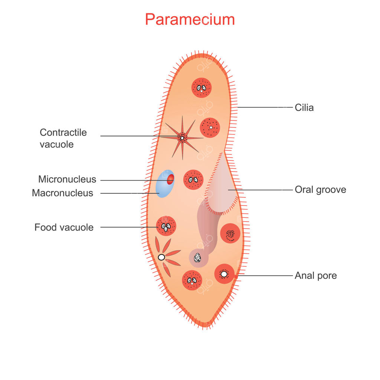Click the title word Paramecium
click(x=190, y=19)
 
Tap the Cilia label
click(x=304, y=108)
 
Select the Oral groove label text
click(x=320, y=190)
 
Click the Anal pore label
click(x=316, y=276)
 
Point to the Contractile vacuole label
click(x=63, y=138)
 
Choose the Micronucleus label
click(x=67, y=179)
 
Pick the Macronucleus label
click(x=62, y=193)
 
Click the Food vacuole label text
click(x=64, y=227)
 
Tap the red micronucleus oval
click(x=171, y=179)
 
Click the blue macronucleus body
click(x=163, y=187)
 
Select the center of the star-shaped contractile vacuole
click(x=182, y=138)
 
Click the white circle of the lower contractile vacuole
click(x=161, y=258)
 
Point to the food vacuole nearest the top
click(x=202, y=88)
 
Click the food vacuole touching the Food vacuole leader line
click(x=166, y=226)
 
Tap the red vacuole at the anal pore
click(x=225, y=274)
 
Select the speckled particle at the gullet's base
click(x=197, y=258)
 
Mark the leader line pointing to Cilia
click(x=265, y=107)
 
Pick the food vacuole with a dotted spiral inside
click(x=230, y=233)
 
